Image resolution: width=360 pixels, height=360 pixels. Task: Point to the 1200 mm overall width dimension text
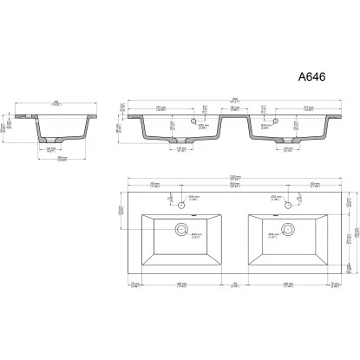tap(234, 178)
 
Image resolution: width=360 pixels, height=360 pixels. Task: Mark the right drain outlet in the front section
tap(285, 141)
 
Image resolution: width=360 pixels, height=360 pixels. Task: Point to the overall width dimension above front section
tap(232, 98)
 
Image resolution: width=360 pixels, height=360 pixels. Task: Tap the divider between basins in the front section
tap(233, 120)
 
